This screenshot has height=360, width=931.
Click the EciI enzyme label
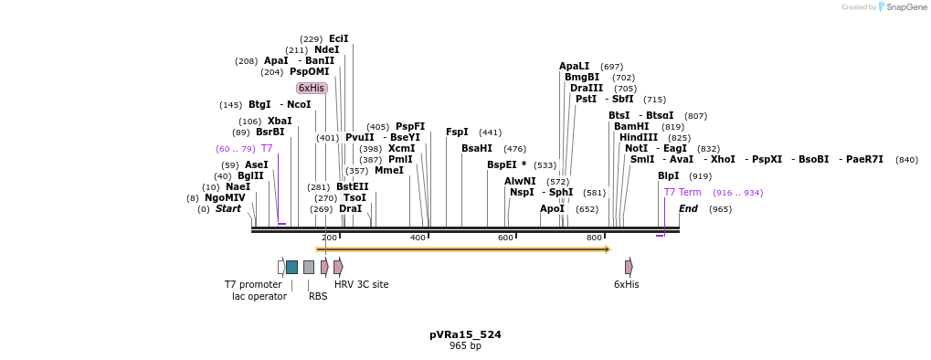tap(338, 39)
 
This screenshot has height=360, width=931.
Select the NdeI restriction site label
tap(326, 50)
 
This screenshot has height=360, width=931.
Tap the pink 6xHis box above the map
tap(312, 89)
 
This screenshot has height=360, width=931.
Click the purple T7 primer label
tap(267, 149)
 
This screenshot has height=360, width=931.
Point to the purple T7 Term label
tap(682, 193)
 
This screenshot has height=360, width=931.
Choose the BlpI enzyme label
tap(668, 176)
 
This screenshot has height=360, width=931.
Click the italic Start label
tap(227, 209)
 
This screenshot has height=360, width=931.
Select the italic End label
tap(688, 209)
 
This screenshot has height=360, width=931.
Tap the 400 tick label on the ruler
tap(418, 238)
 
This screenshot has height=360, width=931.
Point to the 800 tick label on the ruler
tap(594, 238)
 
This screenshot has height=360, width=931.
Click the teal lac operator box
tap(291, 267)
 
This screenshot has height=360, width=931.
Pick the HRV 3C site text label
tap(361, 285)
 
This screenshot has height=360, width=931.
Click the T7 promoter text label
tap(253, 285)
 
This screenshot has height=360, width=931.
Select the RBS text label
tap(318, 297)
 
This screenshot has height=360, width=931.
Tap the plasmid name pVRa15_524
tap(465, 335)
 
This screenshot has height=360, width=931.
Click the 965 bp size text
tap(465, 346)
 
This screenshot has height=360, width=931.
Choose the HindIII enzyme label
tap(638, 138)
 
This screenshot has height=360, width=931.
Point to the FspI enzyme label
tap(457, 132)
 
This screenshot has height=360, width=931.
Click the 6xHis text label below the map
tap(627, 285)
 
